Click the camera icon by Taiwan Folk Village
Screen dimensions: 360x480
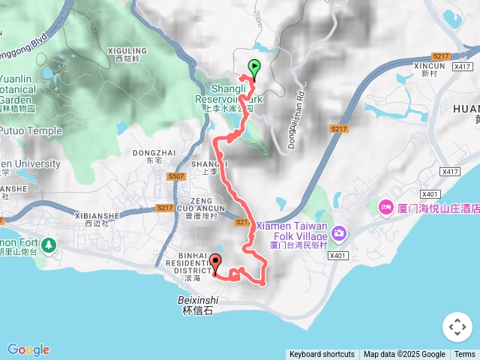pyautogui.click(x=340, y=233)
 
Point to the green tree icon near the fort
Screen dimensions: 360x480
pyautogui.click(x=49, y=244)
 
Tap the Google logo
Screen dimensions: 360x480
pyautogui.click(x=28, y=349)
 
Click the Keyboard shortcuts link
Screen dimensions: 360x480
pyautogui.click(x=322, y=355)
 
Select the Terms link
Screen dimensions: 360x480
pyautogui.click(x=465, y=355)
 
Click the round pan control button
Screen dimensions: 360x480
pyautogui.click(x=457, y=327)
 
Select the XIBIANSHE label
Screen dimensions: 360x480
pyautogui.click(x=97, y=215)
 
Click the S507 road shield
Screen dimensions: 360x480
pyautogui.click(x=176, y=177)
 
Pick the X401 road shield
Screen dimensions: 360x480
pyautogui.click(x=339, y=255)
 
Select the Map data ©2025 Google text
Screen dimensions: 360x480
pyautogui.click(x=404, y=355)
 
